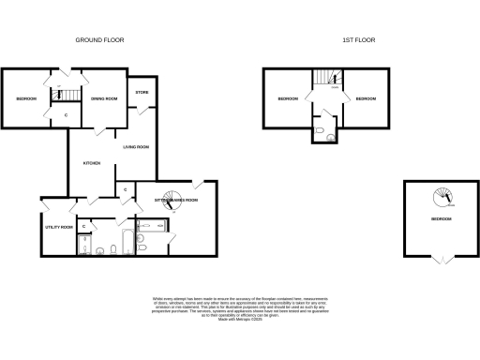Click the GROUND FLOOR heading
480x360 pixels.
pos(100,40)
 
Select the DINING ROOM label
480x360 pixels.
pos(104,98)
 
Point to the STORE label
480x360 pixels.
pos(142,92)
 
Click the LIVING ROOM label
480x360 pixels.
pos(137,146)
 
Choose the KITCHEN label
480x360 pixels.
pos(92,164)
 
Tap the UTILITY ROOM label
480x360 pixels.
pos(59,227)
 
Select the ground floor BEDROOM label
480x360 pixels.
pos(25,98)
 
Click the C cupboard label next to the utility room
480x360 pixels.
pos(83,226)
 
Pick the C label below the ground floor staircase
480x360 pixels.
pos(65,115)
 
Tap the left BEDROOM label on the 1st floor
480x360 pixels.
pos(289,98)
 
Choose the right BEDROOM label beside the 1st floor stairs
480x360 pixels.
pos(367,98)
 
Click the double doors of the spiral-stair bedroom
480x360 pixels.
pos(440,260)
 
